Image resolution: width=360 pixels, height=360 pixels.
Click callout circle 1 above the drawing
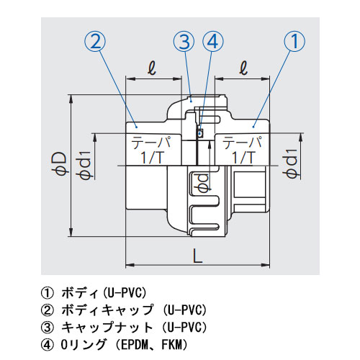(293, 42)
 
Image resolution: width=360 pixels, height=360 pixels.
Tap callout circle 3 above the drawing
(185, 42)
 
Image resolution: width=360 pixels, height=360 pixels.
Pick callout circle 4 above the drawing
(212, 42)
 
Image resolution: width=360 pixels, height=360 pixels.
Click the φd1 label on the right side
(291, 166)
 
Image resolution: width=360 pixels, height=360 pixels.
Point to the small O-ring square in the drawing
(201, 132)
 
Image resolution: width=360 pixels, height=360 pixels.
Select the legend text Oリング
(84, 344)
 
